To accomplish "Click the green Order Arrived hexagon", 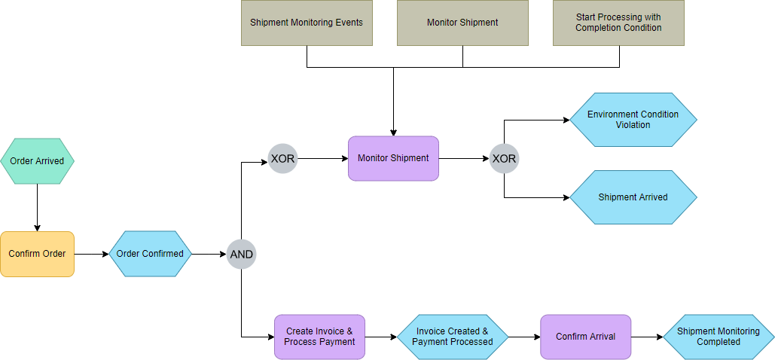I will click(x=37, y=161).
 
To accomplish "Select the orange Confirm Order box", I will click(x=37, y=254).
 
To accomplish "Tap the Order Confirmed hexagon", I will click(x=150, y=254).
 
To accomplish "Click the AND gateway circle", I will click(x=242, y=255).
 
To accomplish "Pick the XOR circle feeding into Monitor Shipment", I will click(x=283, y=159).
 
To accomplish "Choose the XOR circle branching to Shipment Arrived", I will click(x=504, y=159).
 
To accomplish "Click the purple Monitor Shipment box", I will click(x=393, y=158).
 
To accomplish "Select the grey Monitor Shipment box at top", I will click(x=462, y=23).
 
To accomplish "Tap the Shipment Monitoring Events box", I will click(x=307, y=23).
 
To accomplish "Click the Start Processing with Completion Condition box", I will click(x=618, y=23).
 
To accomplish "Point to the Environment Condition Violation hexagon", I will click(x=633, y=120).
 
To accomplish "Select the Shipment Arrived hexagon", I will click(x=633, y=197).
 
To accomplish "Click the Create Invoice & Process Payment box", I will click(x=319, y=337).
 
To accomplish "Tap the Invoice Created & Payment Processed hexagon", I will click(x=452, y=337).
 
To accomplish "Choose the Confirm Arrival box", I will click(x=585, y=337).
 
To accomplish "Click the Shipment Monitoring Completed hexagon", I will click(x=718, y=337).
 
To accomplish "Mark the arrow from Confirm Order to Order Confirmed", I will click(x=91, y=254).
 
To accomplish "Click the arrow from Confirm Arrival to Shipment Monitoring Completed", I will click(x=646, y=337).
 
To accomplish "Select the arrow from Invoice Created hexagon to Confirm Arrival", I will click(x=524, y=337).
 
